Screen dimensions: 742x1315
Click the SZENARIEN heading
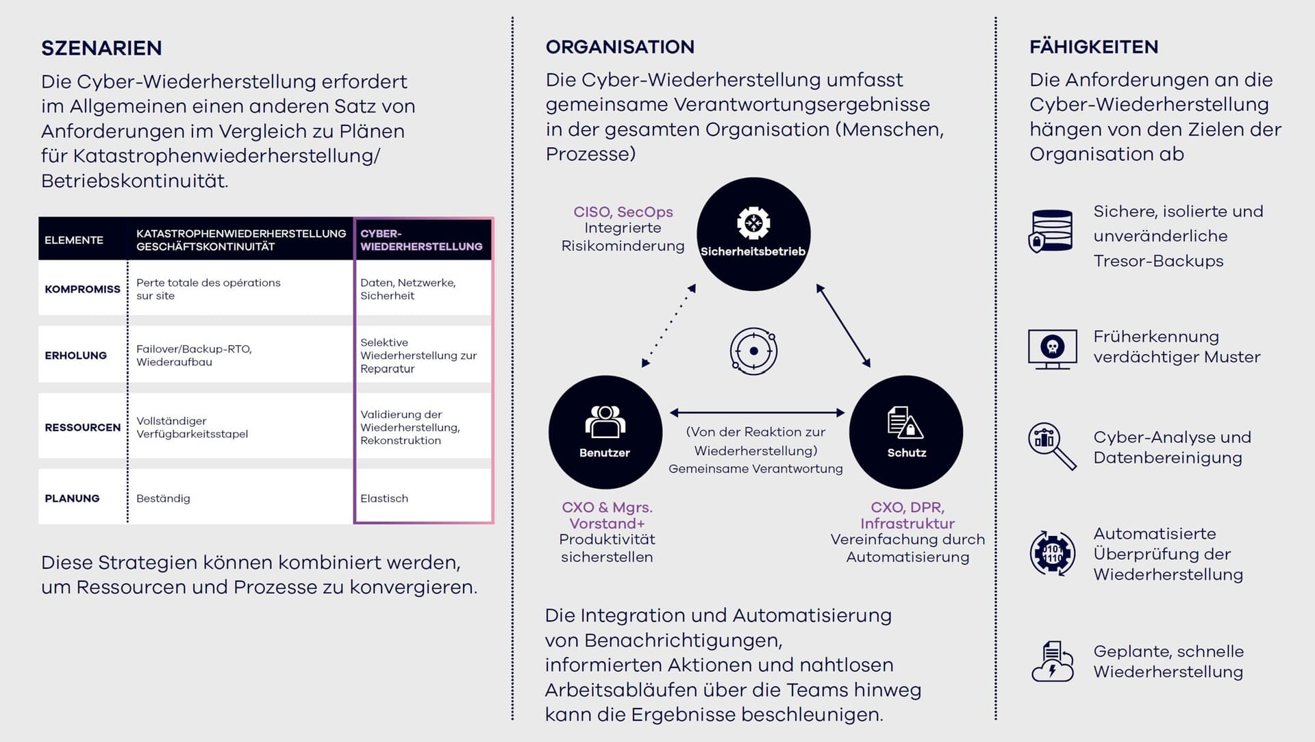coord(101,48)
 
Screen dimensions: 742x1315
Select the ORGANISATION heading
coord(620,47)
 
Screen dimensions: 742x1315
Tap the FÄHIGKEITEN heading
coord(1094,47)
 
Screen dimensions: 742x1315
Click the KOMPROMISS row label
coord(82,289)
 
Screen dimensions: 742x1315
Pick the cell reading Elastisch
coord(384,498)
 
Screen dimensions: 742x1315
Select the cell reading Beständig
coord(163,498)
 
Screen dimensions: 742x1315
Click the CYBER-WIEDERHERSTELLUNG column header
coord(421,240)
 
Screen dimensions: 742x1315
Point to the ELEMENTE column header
coord(74,240)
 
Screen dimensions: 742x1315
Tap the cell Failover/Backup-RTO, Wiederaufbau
coord(194,355)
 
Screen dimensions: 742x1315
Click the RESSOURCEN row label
coord(82,427)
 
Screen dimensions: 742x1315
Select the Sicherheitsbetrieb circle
coord(753,234)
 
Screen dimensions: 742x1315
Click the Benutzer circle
coord(605,432)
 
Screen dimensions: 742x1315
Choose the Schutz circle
coord(906,432)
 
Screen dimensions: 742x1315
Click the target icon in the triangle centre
coord(753,351)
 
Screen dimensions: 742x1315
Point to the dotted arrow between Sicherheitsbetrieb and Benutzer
coord(668,326)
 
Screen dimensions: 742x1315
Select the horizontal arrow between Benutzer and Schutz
coord(757,412)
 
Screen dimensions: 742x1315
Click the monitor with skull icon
coord(1052,348)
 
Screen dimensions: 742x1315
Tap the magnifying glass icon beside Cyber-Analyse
coord(1052,446)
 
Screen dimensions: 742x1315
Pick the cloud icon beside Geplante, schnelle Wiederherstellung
coord(1052,661)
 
